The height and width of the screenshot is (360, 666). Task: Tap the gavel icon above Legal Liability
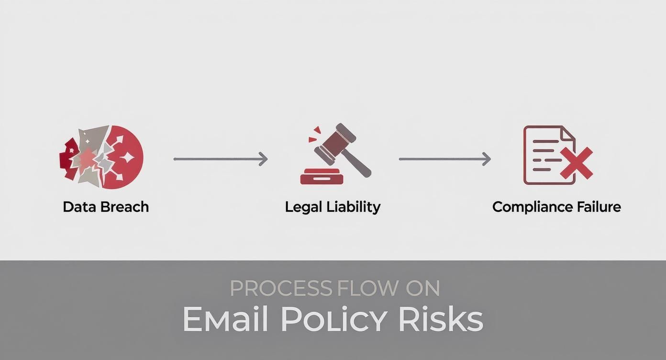(336, 154)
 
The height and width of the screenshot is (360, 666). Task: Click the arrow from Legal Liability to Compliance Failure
(445, 159)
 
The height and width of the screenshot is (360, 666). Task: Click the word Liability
(353, 207)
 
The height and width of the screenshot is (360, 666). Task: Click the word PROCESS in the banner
(281, 288)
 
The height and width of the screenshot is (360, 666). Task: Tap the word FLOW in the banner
(367, 288)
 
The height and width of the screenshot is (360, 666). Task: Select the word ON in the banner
(423, 288)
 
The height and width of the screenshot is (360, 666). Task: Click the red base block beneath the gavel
(322, 178)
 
